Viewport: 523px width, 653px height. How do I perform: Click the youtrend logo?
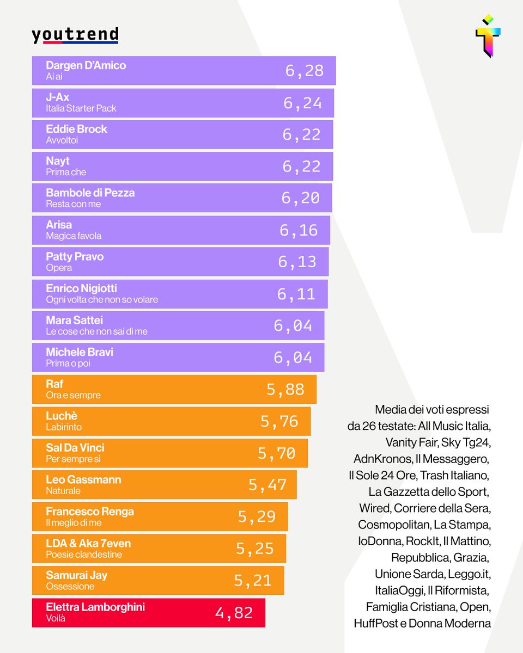75,35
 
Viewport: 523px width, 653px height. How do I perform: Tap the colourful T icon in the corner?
488,36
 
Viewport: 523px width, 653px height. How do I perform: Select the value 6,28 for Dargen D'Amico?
305,71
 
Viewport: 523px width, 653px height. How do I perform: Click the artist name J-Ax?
58,97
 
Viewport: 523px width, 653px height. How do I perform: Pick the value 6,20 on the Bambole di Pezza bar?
301,198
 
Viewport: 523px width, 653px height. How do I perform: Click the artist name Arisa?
59,225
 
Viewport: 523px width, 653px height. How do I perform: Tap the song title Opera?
59,268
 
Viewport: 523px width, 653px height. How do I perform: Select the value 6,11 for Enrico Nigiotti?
296,294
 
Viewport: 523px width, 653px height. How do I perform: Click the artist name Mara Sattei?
75,321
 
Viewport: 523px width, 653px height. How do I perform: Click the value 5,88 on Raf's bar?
285,390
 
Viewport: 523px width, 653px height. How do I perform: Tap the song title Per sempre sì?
74,459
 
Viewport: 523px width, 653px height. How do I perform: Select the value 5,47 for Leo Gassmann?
267,485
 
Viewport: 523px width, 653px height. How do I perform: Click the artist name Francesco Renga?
90,512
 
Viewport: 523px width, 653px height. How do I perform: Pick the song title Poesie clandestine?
84,555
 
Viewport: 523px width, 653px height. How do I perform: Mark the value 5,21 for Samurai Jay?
253,581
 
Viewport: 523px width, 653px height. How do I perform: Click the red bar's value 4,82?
234,613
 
